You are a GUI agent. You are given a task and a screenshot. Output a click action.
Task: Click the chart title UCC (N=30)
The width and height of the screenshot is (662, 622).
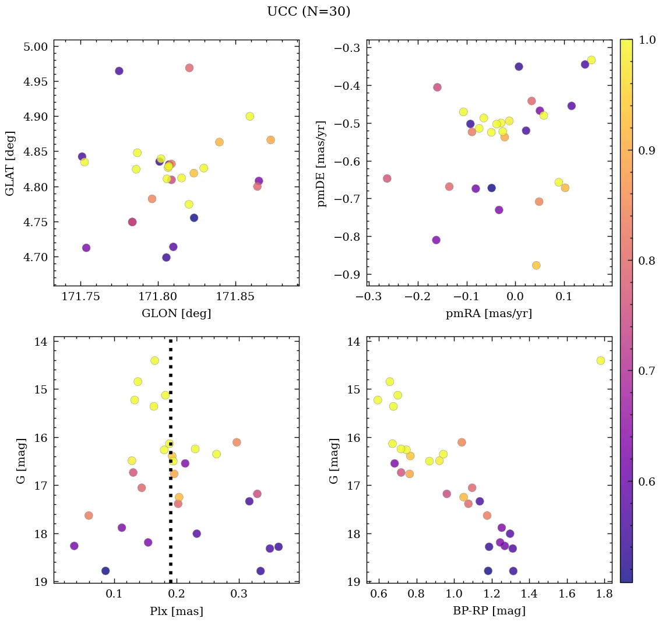point(308,12)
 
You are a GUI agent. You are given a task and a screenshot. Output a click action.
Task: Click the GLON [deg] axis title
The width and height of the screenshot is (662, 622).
point(176,314)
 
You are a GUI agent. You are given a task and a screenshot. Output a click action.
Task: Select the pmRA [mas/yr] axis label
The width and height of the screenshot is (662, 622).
point(488,314)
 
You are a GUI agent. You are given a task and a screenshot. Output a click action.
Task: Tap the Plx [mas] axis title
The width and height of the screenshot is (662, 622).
point(176,612)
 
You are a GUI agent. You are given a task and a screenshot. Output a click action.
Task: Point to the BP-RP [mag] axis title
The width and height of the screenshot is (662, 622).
point(489,611)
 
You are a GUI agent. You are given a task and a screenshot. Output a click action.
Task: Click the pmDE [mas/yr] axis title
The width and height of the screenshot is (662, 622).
point(322,164)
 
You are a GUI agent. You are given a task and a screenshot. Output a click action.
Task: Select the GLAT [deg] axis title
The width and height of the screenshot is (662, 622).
point(9,164)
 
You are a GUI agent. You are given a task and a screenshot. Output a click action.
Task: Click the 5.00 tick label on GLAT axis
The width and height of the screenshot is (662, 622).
point(36,47)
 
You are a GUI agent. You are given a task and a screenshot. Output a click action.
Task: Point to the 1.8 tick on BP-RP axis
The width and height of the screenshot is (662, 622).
point(604,595)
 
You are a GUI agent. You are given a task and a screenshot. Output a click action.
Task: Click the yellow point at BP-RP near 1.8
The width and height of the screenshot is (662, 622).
point(600,360)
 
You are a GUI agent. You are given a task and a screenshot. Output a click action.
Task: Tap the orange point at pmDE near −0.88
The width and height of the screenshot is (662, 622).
point(536,265)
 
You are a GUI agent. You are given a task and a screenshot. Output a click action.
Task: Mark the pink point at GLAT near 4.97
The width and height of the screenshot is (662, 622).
point(189,68)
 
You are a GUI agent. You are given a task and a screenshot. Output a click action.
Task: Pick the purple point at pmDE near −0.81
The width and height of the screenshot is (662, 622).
point(436,240)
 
